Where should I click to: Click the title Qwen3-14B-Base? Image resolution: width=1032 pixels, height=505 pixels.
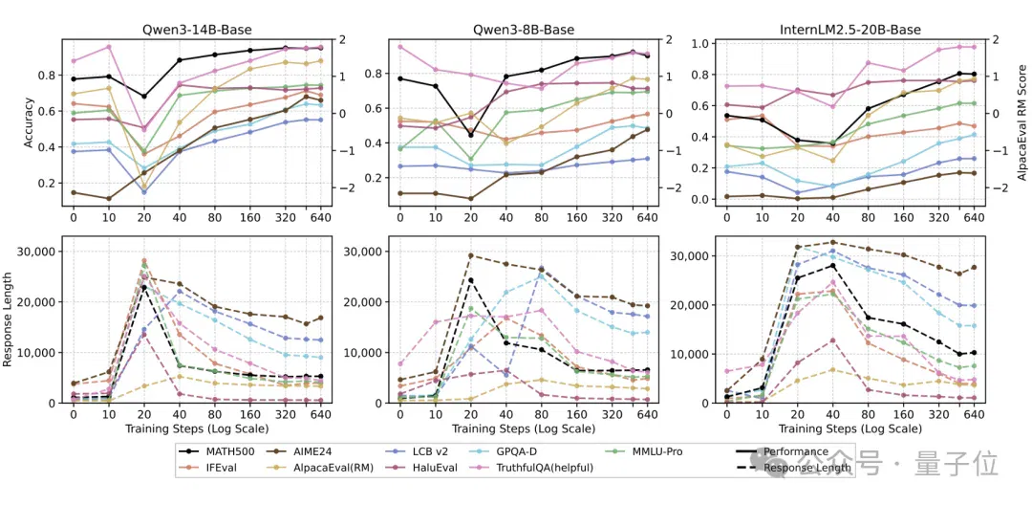tap(197, 30)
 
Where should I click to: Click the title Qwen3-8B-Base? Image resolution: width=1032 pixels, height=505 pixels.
tap(524, 30)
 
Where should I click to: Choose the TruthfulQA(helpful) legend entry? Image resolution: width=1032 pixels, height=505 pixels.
tap(546, 468)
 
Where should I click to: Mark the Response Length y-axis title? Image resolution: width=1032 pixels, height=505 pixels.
tap(10, 319)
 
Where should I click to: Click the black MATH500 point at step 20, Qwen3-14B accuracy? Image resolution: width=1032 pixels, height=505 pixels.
tap(144, 97)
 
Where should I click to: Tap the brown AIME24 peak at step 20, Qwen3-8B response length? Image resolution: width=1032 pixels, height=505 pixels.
tap(470, 255)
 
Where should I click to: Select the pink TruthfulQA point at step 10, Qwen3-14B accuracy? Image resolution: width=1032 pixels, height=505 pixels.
tap(109, 47)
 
